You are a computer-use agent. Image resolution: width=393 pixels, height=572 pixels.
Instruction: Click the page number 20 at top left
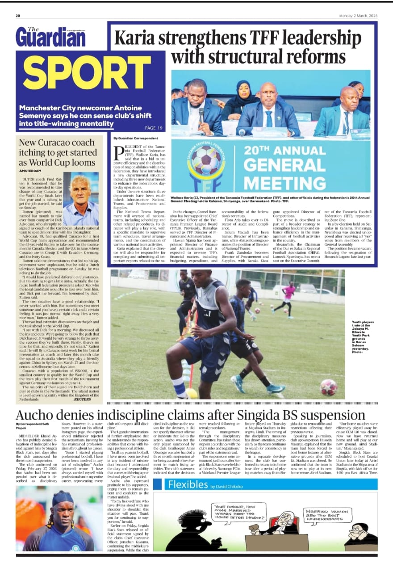[18, 16]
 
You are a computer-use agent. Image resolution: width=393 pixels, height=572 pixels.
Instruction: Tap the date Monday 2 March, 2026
[359, 16]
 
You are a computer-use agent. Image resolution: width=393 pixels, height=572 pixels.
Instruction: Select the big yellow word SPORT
[87, 73]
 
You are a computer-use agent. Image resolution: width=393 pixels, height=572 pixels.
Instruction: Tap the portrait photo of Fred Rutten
[81, 199]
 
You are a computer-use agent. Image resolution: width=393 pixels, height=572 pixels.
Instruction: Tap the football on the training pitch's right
[329, 387]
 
